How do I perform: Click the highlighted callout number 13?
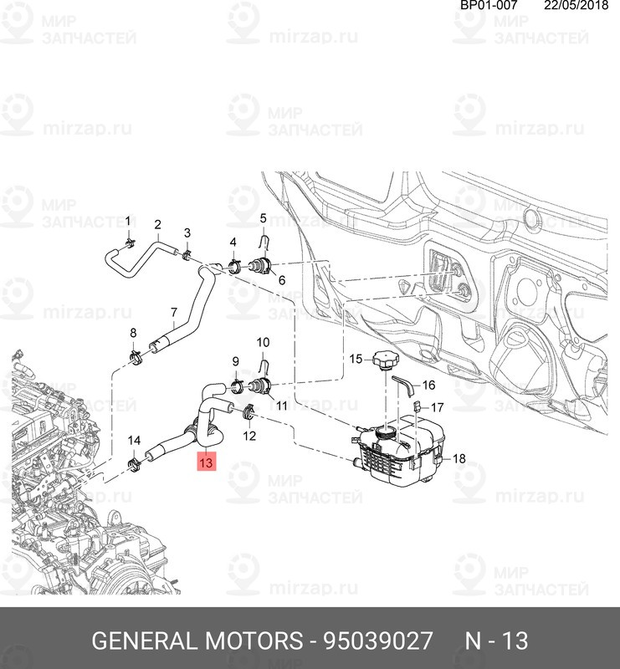[207, 461]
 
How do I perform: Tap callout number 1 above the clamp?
[128, 221]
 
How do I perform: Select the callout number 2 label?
[156, 224]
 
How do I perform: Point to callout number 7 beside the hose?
[173, 314]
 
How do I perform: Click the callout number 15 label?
[355, 359]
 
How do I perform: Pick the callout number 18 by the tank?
[458, 459]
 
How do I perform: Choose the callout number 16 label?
[428, 386]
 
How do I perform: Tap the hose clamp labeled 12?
[249, 412]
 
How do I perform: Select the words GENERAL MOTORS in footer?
[197, 641]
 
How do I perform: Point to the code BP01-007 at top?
[489, 6]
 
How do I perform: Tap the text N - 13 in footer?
[496, 641]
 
